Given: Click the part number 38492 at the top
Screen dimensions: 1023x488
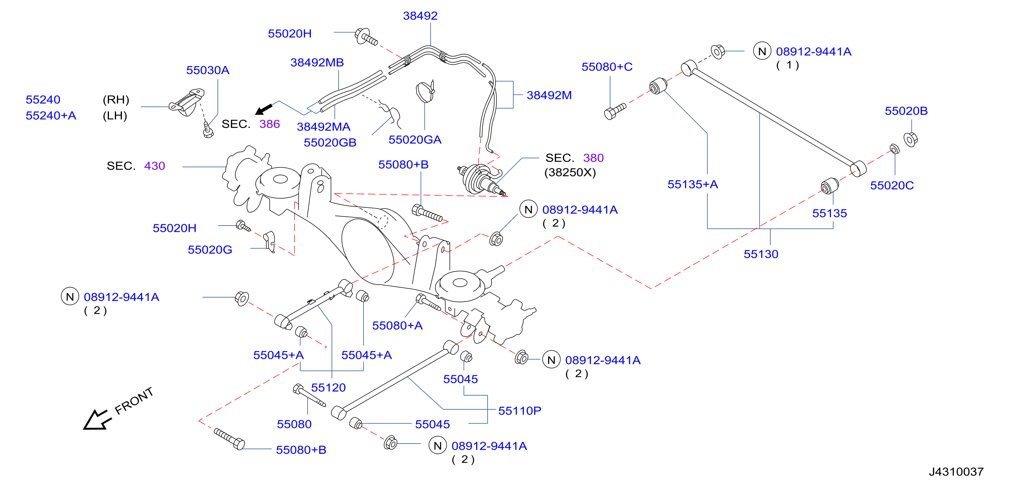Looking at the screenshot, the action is click(420, 16).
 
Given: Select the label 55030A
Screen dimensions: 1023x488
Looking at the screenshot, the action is click(208, 70).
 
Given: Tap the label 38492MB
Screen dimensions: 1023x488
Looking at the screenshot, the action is click(317, 63).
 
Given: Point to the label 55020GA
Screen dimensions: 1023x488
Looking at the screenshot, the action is click(415, 140).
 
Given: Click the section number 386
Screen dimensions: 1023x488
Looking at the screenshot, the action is click(269, 124).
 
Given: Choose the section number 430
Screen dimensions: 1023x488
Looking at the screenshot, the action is click(154, 166).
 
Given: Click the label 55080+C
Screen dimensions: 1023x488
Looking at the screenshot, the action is click(607, 67).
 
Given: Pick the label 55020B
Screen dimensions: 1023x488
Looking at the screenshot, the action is click(906, 111).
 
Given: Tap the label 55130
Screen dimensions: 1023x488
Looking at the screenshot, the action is click(760, 254).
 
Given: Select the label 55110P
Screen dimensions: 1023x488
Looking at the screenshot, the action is click(520, 411).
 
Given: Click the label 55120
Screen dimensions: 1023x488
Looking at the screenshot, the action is click(328, 388).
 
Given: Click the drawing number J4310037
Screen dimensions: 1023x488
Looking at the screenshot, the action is click(956, 472).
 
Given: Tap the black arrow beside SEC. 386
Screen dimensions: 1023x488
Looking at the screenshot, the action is click(264, 109).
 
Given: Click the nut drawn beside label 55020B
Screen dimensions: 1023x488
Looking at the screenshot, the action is click(910, 139).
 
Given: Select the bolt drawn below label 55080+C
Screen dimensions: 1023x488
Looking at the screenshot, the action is click(615, 111).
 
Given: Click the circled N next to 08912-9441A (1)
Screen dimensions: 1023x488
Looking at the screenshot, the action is click(762, 52).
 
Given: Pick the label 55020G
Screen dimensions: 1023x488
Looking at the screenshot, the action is click(210, 250).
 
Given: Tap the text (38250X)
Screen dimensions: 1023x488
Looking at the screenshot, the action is click(570, 173).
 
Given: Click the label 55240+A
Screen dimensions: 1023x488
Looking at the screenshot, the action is click(51, 116).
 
